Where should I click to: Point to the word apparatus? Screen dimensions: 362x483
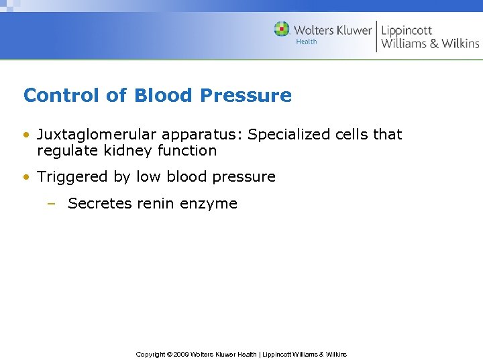(x=195, y=135)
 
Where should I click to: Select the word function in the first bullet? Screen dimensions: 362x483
(x=187, y=151)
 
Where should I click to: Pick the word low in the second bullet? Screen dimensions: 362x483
(x=149, y=177)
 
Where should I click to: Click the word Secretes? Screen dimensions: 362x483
(x=95, y=204)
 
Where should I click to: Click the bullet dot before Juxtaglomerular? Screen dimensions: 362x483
(x=26, y=135)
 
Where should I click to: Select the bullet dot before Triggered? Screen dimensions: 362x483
(x=26, y=177)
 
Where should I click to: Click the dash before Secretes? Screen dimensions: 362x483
(x=51, y=204)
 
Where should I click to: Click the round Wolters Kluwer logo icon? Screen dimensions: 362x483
(x=282, y=29)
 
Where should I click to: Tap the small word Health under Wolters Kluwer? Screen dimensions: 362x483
(x=306, y=42)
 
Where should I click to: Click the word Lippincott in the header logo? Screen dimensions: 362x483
(x=407, y=30)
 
